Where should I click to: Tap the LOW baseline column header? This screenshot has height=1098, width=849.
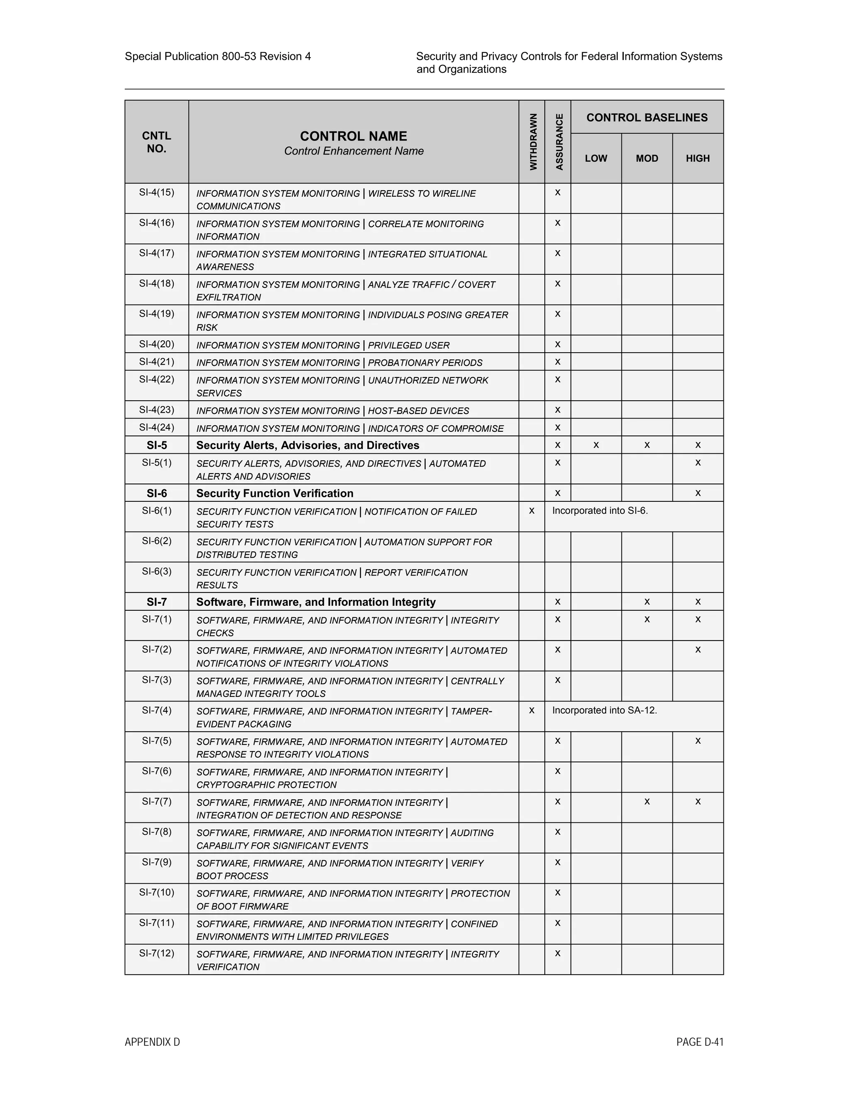596,158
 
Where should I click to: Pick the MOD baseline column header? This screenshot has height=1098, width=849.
647,158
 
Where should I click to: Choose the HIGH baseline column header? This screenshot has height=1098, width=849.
698,158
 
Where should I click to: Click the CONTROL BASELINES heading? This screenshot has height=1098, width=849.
647,118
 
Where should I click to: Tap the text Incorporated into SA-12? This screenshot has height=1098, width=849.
604,710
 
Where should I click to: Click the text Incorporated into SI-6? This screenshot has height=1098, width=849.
600,511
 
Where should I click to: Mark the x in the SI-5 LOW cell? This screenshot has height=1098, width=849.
596,445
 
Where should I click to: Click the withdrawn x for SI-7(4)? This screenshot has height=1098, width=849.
531,710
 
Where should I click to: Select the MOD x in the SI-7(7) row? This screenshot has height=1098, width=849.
647,802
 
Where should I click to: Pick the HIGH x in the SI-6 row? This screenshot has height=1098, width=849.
698,493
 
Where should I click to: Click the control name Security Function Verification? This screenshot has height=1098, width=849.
274,493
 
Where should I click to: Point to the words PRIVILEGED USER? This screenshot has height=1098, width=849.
408,346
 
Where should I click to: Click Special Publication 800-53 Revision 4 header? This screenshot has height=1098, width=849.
218,56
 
